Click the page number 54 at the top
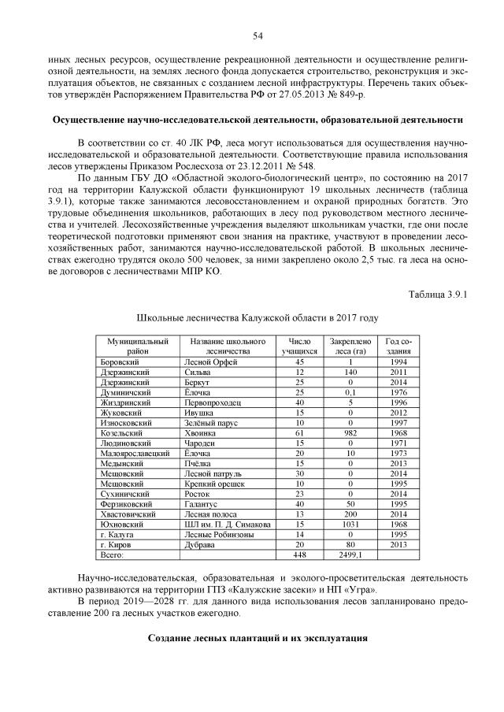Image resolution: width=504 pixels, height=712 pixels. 258,35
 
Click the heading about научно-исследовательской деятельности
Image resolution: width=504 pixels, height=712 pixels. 258,121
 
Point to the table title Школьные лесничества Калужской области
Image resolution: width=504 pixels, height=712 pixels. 258,317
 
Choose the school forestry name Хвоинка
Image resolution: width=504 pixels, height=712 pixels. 198,432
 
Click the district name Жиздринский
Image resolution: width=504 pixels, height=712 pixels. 127,402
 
